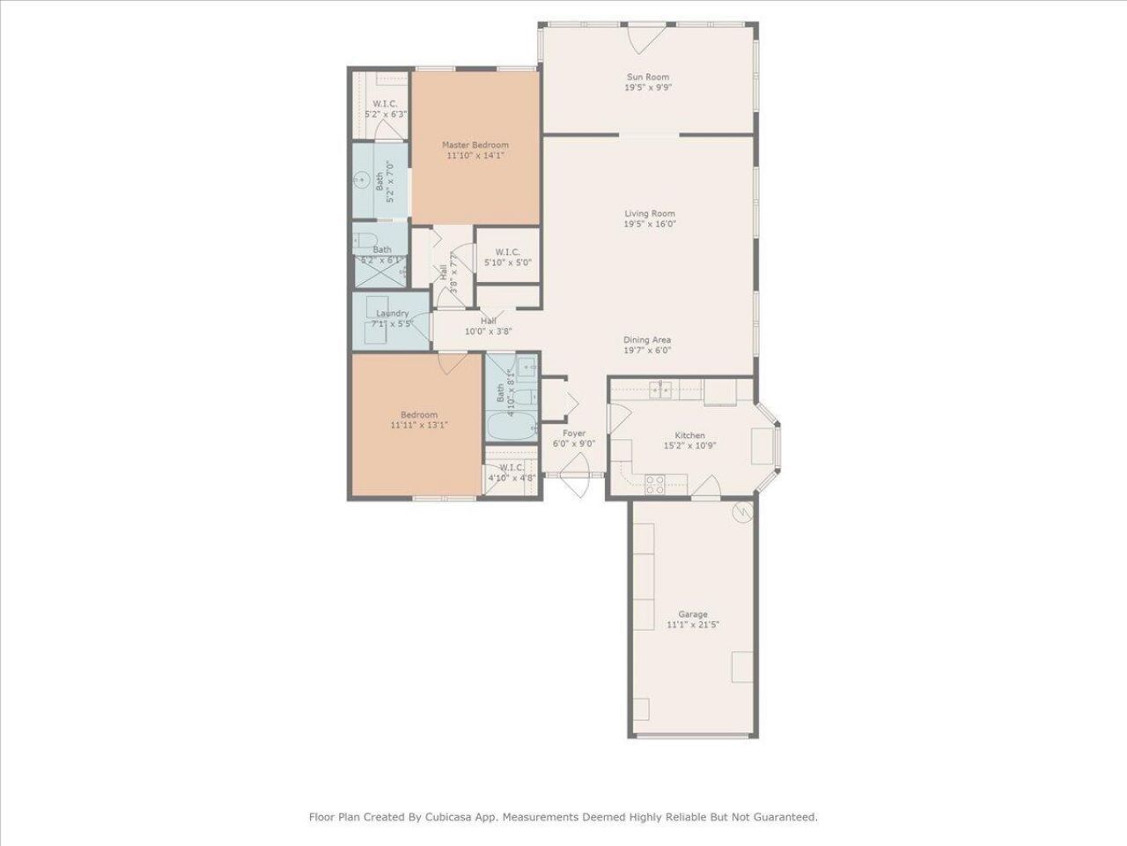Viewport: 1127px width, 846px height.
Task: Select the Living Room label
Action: [650, 213]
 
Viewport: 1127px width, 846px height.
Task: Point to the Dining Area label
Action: [647, 339]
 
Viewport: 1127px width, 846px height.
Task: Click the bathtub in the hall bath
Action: [512, 428]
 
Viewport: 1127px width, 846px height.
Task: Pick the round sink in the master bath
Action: [361, 180]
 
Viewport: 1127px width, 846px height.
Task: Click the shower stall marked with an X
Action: [379, 273]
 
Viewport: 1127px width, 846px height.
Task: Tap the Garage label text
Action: [692, 614]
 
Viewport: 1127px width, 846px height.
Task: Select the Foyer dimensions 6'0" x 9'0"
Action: [574, 444]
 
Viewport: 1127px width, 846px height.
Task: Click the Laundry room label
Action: [392, 313]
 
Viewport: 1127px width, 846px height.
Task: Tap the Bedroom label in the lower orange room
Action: [418, 415]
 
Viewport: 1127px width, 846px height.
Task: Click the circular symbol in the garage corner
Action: [744, 511]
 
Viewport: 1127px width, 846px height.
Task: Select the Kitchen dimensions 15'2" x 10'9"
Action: [689, 446]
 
